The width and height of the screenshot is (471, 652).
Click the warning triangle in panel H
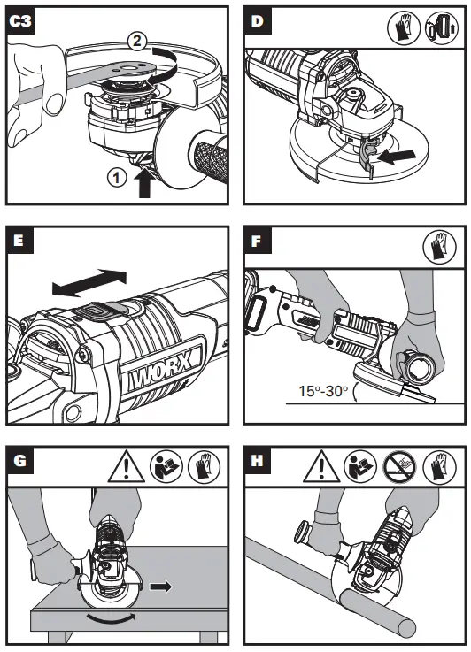coord(322,465)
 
